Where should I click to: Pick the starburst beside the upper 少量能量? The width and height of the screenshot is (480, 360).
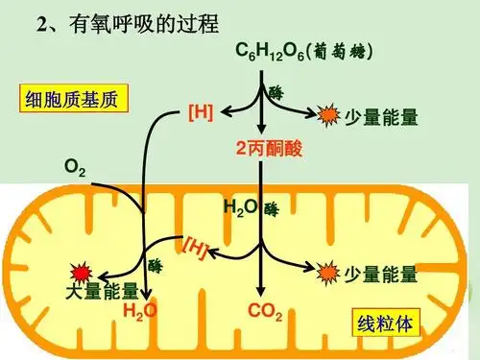(x=329, y=116)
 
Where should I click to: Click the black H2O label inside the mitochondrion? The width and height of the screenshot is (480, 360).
(x=239, y=206)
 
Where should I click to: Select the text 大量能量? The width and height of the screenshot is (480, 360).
(x=99, y=291)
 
